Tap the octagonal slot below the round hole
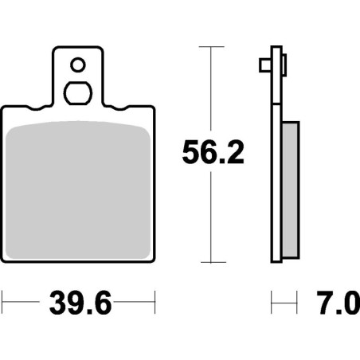[x=78, y=92]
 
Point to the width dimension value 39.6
[x=77, y=303]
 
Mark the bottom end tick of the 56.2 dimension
[x=210, y=262]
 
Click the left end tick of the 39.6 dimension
[x=3, y=303]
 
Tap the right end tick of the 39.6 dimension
[x=154, y=303]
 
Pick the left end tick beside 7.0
[x=272, y=303]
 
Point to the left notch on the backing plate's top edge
[x=41, y=108]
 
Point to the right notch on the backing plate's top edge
[x=115, y=108]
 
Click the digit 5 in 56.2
[x=190, y=154]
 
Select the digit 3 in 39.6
[x=55, y=303]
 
